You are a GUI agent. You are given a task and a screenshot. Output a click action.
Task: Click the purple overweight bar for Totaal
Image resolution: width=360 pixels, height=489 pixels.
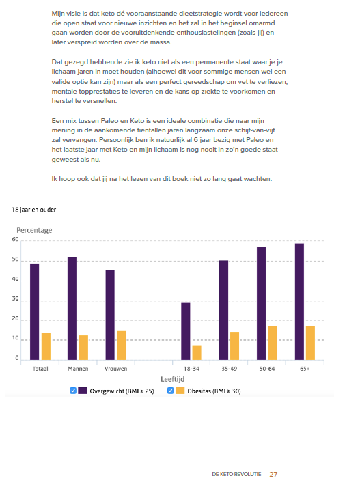35,312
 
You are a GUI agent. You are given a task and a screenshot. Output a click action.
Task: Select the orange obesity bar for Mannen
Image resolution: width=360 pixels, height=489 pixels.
83,348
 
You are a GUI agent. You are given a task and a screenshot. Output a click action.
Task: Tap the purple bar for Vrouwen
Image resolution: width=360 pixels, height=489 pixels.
110,316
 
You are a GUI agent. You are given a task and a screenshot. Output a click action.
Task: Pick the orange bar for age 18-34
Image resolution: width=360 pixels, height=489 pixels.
197,352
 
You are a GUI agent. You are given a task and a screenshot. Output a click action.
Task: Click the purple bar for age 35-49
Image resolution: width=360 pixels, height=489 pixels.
223,310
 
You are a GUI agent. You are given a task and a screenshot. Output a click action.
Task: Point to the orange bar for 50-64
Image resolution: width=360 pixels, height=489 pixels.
273,343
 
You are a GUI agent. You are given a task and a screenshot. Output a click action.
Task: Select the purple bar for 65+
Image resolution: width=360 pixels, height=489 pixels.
299,302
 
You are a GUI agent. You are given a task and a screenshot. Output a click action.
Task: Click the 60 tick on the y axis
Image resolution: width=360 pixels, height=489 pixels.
15,240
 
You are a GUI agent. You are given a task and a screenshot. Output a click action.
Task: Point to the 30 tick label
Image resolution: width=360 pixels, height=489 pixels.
15,298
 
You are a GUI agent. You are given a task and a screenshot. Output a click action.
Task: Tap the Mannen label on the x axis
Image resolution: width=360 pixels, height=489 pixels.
78,369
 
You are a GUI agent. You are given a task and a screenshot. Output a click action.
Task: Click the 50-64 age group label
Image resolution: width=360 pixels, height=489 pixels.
267,369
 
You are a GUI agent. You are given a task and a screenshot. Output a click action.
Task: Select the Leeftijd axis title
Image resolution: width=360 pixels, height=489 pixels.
173,379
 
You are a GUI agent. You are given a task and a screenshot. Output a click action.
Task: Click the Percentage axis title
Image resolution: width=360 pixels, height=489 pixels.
34,230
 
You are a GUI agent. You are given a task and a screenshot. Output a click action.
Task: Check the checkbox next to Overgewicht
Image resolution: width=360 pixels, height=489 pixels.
73,391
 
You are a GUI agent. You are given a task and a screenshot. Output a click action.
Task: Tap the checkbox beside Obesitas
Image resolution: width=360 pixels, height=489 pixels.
170,391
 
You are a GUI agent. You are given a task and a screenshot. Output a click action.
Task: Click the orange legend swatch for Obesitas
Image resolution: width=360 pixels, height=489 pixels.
180,391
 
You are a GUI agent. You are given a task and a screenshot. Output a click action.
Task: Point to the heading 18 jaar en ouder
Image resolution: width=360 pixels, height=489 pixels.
34,210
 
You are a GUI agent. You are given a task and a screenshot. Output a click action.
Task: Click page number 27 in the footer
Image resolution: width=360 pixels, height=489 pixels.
274,475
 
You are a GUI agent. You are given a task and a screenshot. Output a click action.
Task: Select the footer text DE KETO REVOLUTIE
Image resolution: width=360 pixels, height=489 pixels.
236,475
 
